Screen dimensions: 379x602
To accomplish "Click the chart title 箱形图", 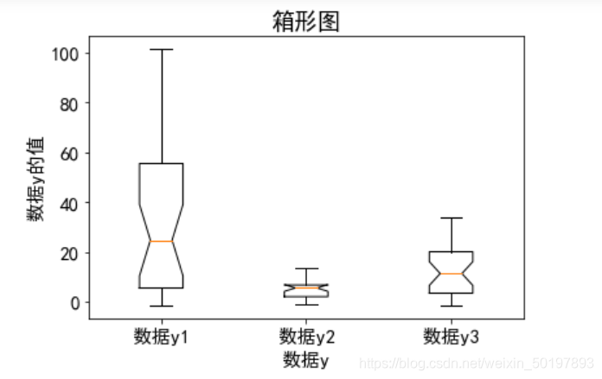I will coord(306,22).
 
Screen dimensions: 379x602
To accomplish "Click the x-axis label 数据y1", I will coord(161,335).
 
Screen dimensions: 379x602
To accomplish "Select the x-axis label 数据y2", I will coord(306,335).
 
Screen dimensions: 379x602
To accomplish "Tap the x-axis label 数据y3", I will coord(451,335).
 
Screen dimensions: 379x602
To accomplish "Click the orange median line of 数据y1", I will coord(161,241).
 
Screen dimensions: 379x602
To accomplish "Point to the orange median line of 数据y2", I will coord(306,287).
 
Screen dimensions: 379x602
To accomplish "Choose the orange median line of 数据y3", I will coord(451,274).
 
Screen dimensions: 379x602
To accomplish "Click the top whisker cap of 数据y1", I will coord(161,49).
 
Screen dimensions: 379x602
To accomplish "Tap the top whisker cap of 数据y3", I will coord(451,218).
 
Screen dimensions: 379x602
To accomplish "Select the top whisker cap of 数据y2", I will coord(306,268).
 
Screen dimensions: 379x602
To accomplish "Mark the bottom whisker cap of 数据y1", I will coord(161,306).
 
